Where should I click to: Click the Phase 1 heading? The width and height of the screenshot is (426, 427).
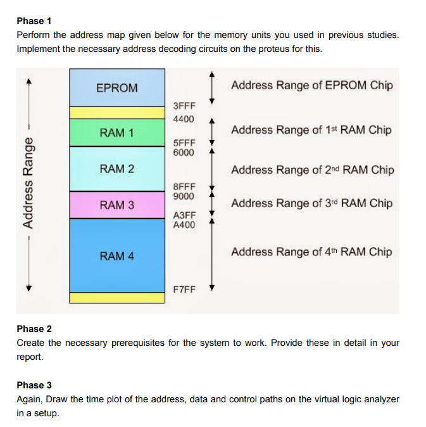click(x=34, y=21)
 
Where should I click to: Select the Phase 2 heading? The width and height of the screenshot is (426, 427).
click(x=34, y=329)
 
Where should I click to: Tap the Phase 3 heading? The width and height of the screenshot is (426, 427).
click(x=34, y=385)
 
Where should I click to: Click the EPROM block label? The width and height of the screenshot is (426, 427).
click(x=116, y=88)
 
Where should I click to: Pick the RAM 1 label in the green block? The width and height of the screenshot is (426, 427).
click(x=116, y=133)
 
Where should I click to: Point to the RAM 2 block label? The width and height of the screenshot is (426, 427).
click(x=116, y=169)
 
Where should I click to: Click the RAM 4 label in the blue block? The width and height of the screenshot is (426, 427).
click(x=116, y=256)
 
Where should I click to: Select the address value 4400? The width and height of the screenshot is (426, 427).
click(x=184, y=119)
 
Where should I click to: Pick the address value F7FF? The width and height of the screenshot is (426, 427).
click(x=184, y=289)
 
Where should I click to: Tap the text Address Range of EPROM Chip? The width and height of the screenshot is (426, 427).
click(x=311, y=86)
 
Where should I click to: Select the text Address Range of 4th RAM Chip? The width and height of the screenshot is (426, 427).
click(x=311, y=252)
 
